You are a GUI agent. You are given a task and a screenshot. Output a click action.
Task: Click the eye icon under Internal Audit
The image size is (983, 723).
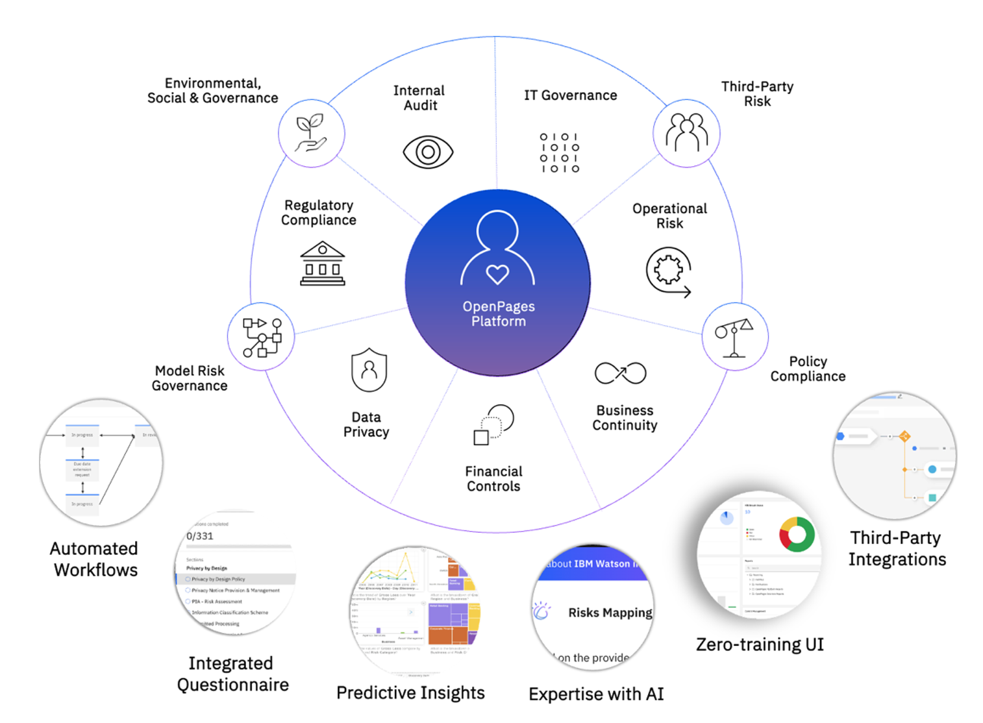[x=428, y=153]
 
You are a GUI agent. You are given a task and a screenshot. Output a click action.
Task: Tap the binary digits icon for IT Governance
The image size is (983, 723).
[x=559, y=153]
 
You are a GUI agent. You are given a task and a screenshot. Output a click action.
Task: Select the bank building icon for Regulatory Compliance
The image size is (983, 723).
[x=323, y=263]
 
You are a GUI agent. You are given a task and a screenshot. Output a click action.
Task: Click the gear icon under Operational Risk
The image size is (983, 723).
[x=668, y=271]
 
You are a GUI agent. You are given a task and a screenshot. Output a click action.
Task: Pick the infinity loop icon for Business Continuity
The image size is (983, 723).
[x=620, y=373]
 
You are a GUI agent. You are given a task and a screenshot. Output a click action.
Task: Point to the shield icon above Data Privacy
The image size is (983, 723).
[x=369, y=370]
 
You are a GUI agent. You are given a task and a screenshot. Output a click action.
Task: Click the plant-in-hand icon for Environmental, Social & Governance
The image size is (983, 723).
[x=311, y=133]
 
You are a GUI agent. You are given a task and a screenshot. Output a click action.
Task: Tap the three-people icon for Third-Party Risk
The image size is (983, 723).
[x=686, y=132]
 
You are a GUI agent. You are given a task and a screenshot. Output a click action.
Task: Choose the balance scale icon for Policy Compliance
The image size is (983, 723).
[x=734, y=337]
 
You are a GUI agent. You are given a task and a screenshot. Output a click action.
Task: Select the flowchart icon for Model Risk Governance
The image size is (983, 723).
[x=262, y=337]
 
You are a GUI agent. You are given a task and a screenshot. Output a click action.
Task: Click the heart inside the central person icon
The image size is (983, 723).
[x=497, y=275]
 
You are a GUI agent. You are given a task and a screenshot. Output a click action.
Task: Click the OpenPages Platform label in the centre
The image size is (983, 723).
[x=499, y=314]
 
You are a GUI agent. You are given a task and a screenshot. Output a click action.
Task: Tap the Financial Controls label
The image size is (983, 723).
[x=493, y=479]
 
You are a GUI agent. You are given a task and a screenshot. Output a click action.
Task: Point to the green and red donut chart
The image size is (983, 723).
[x=797, y=534]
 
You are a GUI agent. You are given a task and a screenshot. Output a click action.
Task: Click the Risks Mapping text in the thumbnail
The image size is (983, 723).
[x=610, y=613]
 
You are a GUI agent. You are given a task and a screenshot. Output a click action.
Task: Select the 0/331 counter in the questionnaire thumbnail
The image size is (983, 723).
[x=200, y=536]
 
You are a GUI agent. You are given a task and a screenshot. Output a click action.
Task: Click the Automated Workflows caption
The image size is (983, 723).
[x=95, y=559]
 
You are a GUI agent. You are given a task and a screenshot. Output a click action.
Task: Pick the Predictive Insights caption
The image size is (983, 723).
[x=410, y=693]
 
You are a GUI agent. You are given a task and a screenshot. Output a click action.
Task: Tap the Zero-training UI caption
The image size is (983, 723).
[x=760, y=644]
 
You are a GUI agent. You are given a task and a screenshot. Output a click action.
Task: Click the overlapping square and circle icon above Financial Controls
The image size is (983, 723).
[x=493, y=424]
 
